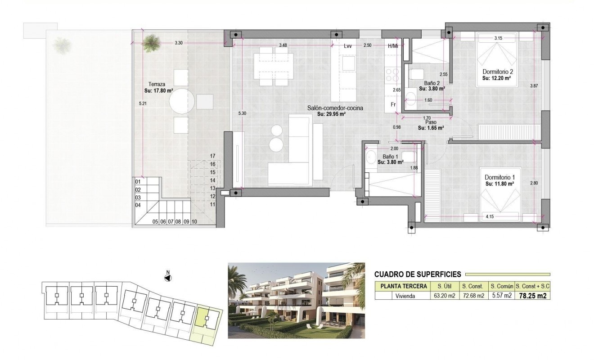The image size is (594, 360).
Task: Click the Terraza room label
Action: [157, 84]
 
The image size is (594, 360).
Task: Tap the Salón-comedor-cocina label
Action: [335, 108]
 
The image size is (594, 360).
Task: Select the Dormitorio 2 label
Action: [498, 72]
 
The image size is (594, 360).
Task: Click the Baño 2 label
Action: [431, 83]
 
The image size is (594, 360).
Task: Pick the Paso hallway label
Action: [431, 122]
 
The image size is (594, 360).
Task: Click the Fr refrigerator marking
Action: [393, 104]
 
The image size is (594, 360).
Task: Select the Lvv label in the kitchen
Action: [347, 46]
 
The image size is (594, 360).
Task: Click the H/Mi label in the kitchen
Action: [393, 46]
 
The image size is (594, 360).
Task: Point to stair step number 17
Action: [213, 156]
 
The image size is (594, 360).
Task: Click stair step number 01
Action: [138, 181]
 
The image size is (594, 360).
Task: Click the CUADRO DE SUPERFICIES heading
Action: [417, 274]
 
